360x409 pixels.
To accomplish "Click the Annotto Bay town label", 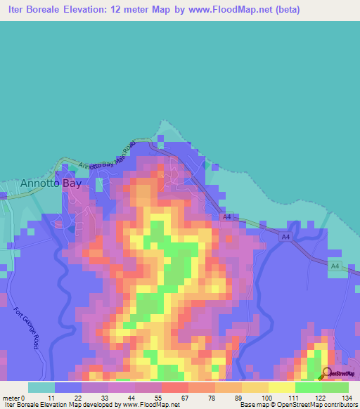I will (51, 183).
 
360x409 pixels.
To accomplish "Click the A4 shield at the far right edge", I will (335, 265).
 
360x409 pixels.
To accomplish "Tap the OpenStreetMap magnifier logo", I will (326, 374).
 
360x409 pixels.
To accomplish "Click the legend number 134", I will (347, 397).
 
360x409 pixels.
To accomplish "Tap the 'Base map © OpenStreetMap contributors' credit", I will (297, 405).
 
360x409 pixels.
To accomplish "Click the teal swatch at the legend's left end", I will (41, 387).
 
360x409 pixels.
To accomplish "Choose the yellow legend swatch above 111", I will (281, 387).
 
